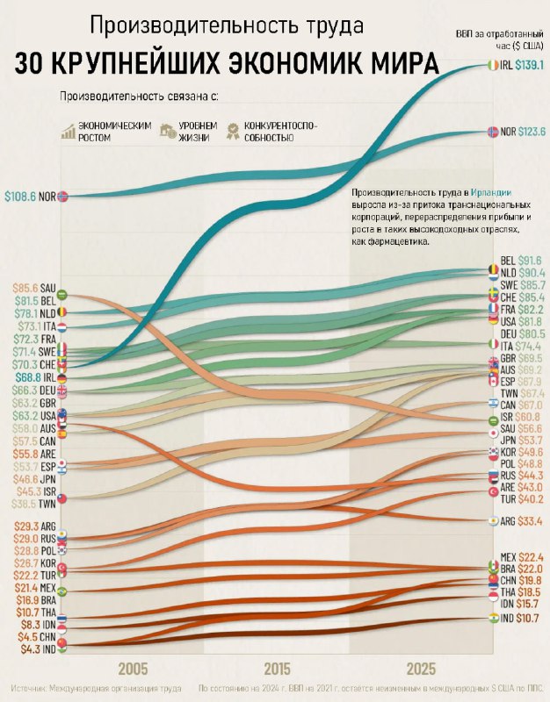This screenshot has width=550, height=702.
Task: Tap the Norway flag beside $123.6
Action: pos(492,132)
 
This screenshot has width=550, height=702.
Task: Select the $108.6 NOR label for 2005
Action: pos(31,197)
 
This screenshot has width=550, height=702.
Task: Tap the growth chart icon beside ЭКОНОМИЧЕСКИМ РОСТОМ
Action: pos(67,132)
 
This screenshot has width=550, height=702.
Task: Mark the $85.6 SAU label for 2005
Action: pos(33,287)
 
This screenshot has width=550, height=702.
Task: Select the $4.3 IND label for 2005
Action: pos(33,650)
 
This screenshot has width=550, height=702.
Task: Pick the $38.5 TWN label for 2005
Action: pos(33,505)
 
